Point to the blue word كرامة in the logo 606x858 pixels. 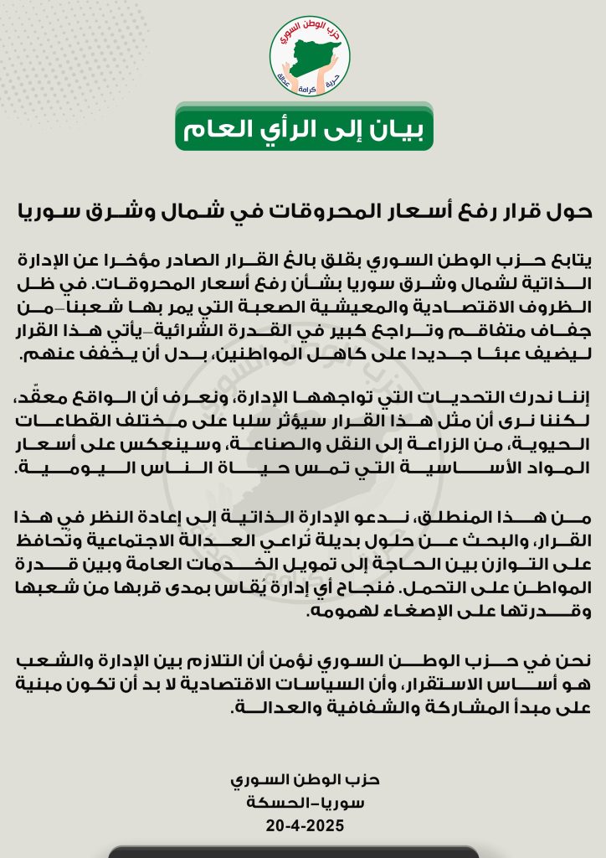(309, 87)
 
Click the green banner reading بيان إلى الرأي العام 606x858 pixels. (304, 128)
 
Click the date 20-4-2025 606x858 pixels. (303, 825)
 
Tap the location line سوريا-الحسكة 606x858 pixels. (303, 803)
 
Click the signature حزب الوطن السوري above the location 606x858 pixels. (303, 780)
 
